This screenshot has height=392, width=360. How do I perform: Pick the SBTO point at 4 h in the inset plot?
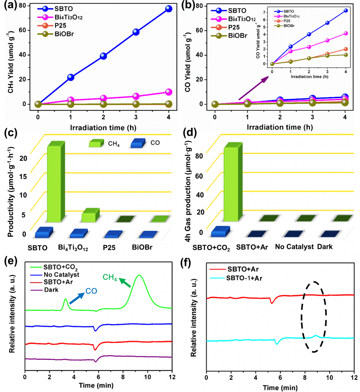pos(345,11)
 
